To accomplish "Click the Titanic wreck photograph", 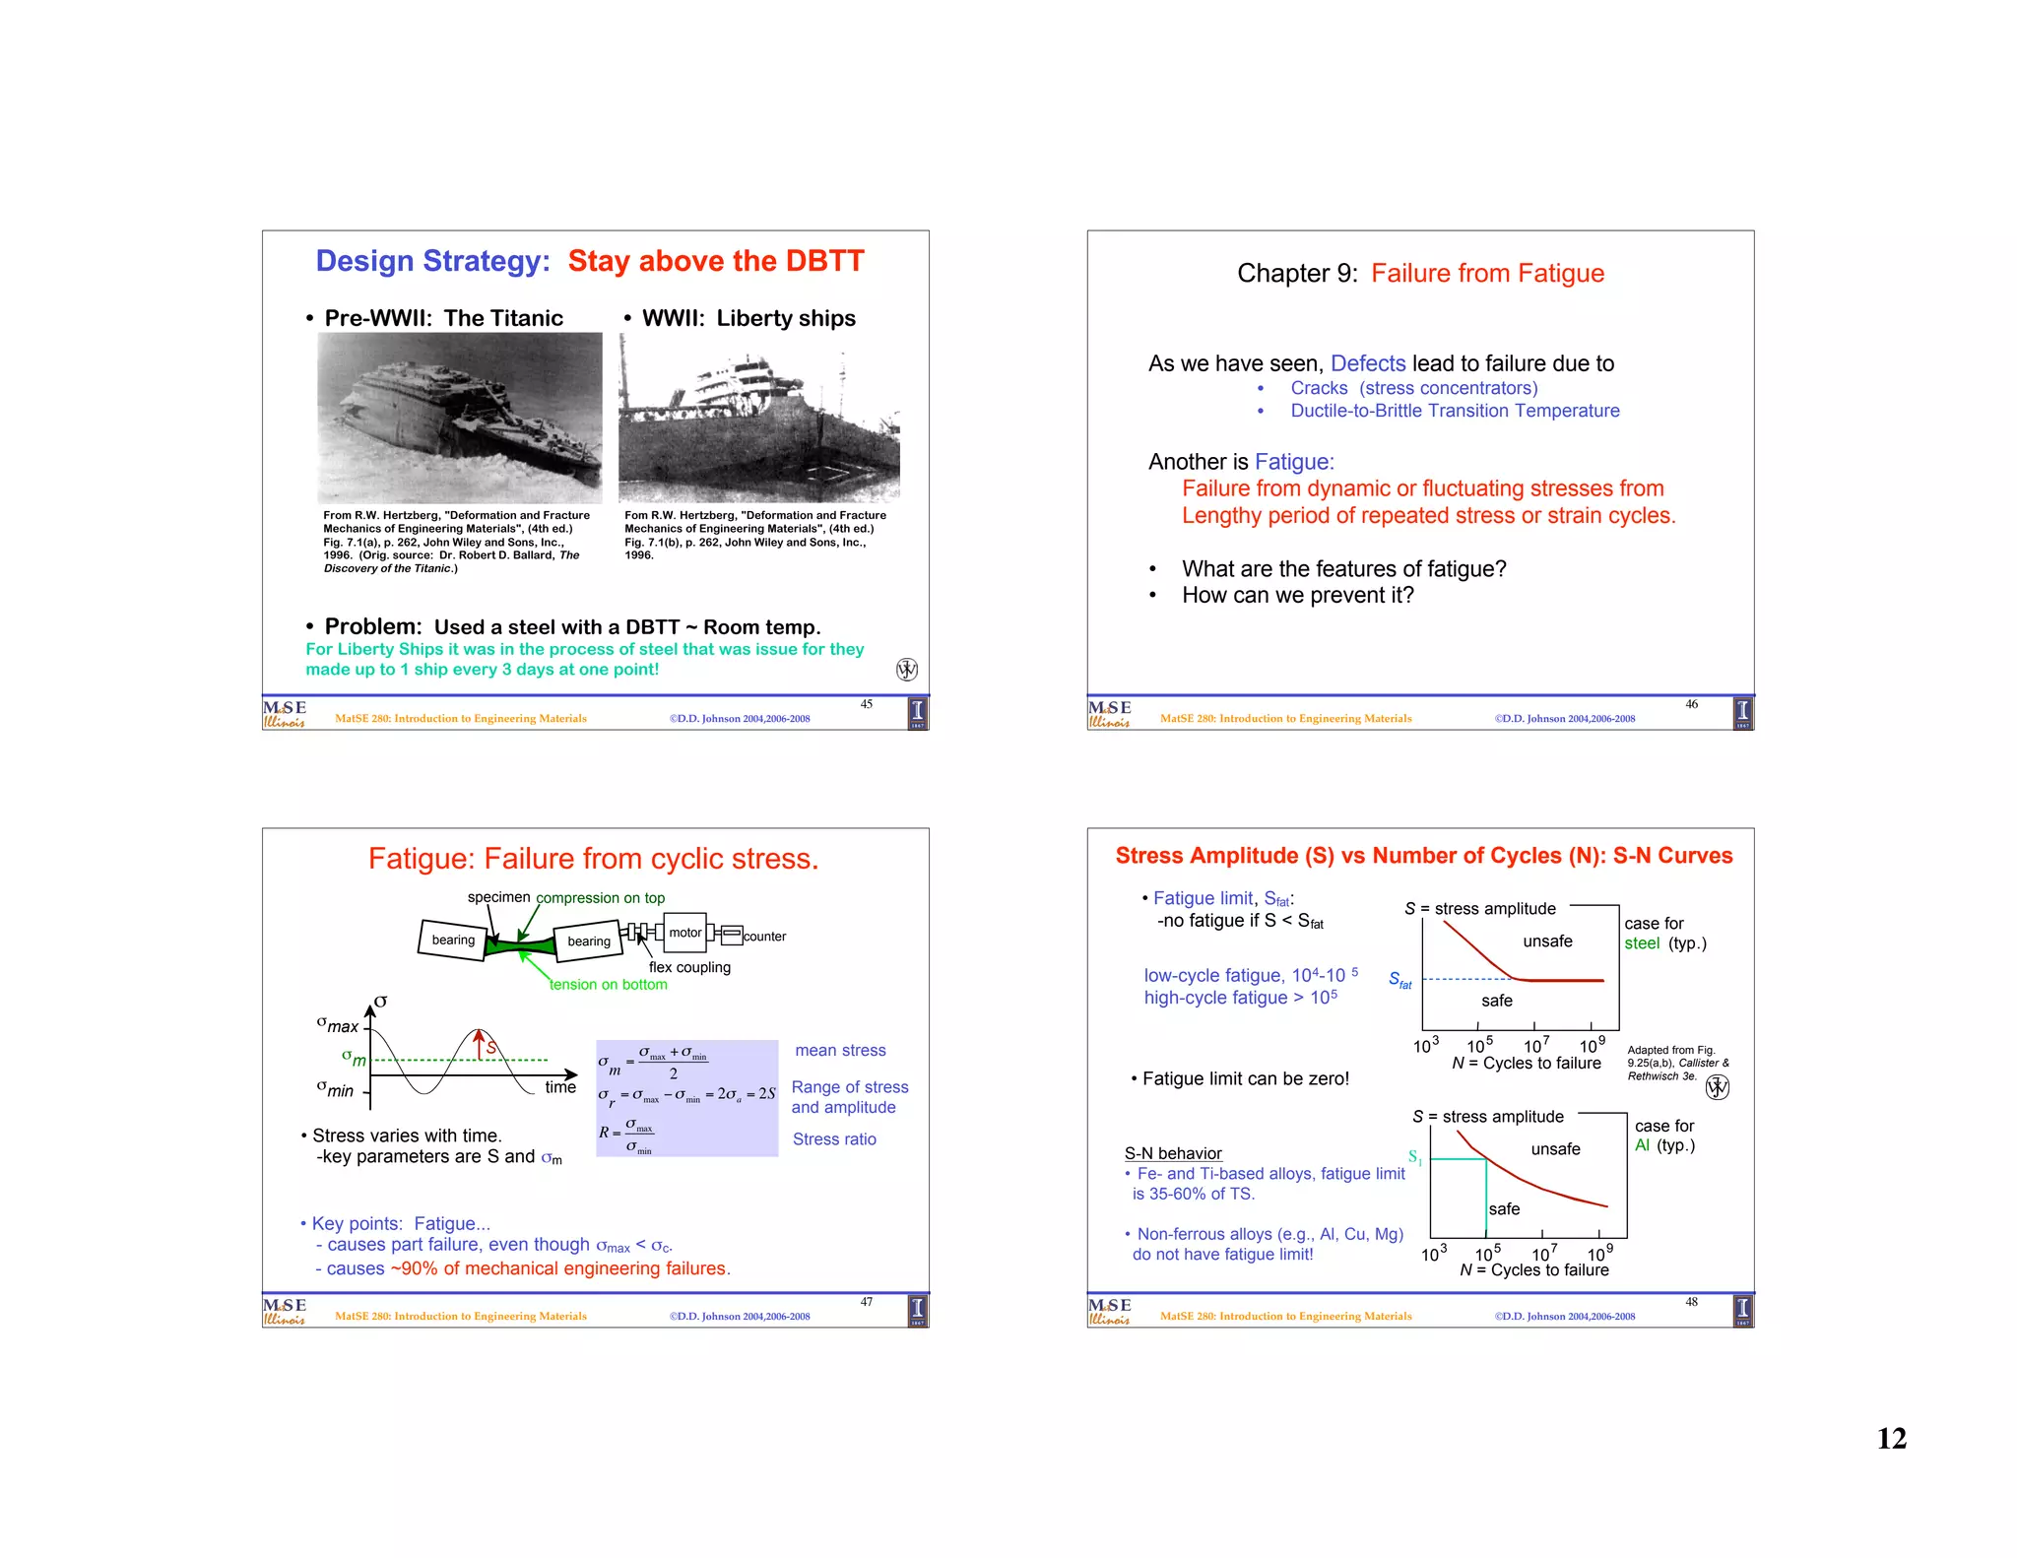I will [459, 418].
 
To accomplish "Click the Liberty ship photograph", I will [758, 418].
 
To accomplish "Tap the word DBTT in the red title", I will [823, 261].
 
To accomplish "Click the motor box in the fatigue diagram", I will [685, 933].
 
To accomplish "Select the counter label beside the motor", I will [764, 937].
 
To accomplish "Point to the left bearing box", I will [453, 940].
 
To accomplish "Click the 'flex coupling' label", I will [689, 967].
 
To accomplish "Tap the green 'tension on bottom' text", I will [608, 985].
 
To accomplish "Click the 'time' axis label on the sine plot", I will [560, 1087].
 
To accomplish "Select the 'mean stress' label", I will [840, 1051].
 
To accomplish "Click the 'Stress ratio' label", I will [834, 1139].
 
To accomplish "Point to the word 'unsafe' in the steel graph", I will [1547, 941].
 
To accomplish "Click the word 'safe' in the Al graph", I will [1504, 1209].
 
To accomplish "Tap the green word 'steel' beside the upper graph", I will [1642, 943].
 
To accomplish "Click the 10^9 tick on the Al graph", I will [1599, 1254].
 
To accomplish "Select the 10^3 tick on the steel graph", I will [1425, 1046].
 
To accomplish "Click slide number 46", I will [1691, 704].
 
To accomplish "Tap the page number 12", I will [1891, 1439].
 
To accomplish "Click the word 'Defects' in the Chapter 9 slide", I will [1368, 363].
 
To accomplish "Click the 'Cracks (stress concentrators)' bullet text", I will [1413, 388].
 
